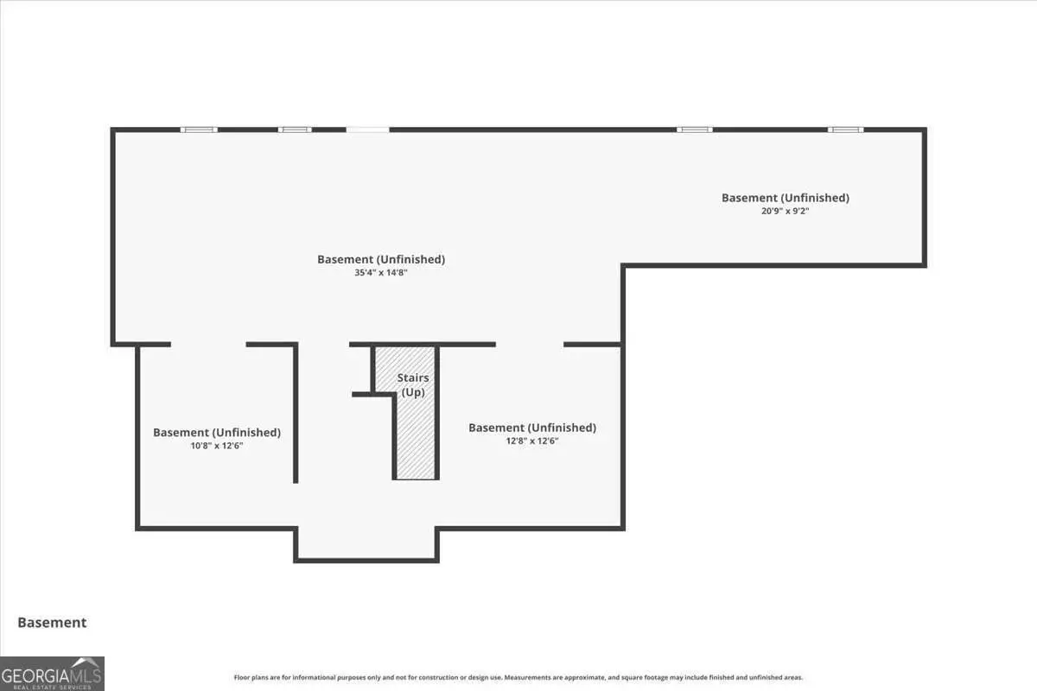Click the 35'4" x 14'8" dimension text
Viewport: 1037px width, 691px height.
[380, 273]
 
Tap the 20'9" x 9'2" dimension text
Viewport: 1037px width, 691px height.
[785, 210]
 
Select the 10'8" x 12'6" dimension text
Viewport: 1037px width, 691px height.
[216, 446]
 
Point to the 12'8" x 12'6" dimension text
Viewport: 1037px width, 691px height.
[531, 441]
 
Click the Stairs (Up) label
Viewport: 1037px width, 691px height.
[413, 385]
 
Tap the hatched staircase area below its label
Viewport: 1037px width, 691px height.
[416, 441]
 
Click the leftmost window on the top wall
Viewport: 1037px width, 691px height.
[199, 130]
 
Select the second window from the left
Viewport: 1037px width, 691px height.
[295, 130]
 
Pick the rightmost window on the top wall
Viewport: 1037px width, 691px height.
[845, 130]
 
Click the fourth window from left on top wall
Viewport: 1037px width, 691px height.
[695, 130]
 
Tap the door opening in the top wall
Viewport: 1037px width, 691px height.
[367, 130]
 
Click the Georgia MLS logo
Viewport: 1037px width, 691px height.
[52, 673]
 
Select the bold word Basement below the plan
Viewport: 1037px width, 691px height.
[52, 622]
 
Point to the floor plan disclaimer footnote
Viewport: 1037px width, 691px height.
[518, 677]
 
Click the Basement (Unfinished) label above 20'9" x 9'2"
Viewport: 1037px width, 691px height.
[785, 198]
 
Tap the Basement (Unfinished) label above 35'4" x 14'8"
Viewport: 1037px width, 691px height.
[380, 259]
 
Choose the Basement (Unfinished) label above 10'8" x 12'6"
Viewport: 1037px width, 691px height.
[216, 432]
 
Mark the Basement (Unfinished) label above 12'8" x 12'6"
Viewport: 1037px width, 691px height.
[531, 428]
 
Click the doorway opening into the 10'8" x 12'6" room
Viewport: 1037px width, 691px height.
[208, 345]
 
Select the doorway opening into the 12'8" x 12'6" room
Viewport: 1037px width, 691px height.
[529, 345]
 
